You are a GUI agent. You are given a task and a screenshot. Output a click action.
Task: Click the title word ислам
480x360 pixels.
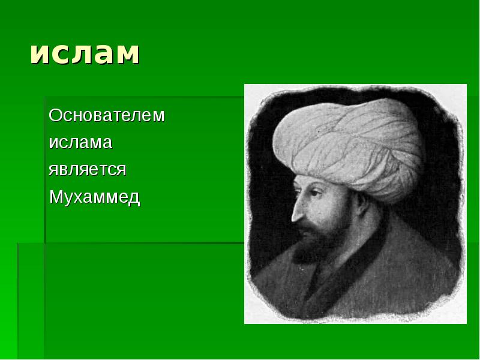coord(85,53)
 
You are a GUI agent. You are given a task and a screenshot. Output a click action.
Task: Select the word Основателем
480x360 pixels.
coord(106,115)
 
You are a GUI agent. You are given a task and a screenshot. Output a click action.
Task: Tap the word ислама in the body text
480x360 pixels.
coord(80,143)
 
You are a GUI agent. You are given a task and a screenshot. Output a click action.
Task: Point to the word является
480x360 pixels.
coord(87,170)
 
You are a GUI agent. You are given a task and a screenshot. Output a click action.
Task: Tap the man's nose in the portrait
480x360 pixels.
coord(295,211)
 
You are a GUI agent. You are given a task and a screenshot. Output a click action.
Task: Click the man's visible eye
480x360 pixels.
coord(308,195)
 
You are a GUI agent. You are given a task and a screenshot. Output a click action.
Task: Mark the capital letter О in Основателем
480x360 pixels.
coord(55,115)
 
